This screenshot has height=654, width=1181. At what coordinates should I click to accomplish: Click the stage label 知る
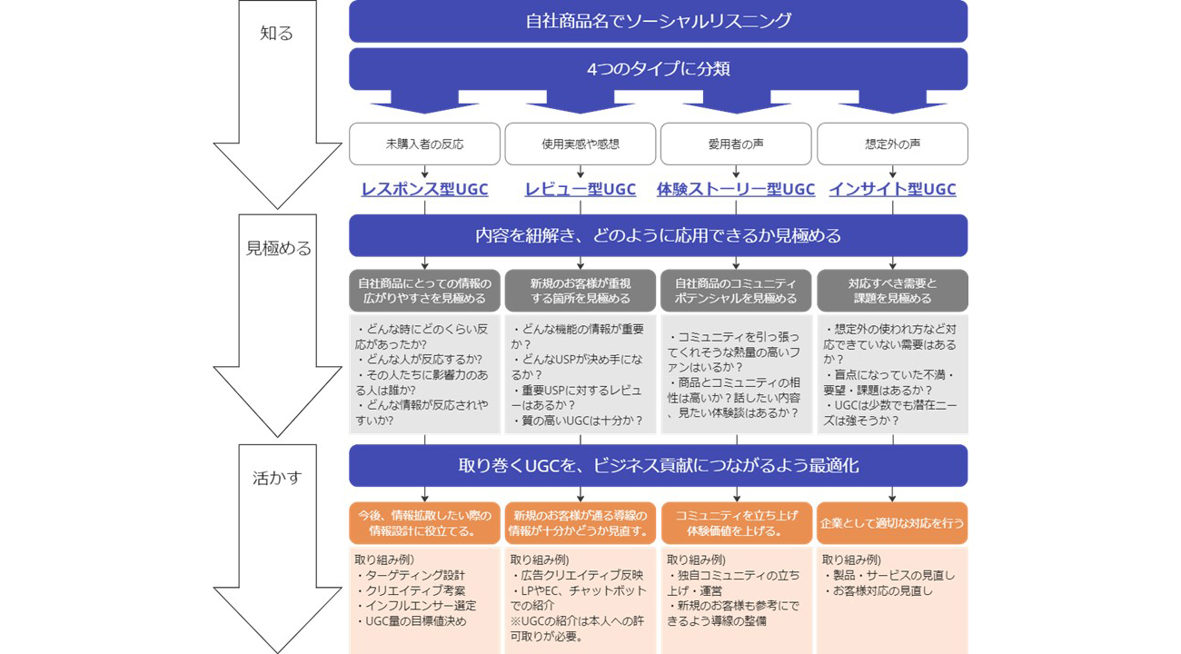[x=277, y=34]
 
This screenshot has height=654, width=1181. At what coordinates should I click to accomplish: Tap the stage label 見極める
[x=278, y=248]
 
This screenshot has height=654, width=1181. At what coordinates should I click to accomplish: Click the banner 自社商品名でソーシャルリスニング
[x=658, y=21]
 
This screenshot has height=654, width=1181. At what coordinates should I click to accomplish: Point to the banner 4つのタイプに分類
[x=658, y=69]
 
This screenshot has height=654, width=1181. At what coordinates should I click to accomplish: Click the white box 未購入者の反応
[x=424, y=144]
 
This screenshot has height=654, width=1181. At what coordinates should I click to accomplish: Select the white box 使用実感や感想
[x=581, y=144]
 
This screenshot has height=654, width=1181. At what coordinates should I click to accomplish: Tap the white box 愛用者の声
[x=736, y=144]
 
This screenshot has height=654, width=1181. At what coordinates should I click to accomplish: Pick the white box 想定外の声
[x=892, y=144]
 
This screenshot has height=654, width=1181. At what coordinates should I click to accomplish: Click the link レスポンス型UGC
[x=424, y=189]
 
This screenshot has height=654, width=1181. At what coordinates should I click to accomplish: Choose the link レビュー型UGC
[x=581, y=189]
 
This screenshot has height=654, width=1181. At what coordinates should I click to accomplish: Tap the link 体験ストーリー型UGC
[x=736, y=189]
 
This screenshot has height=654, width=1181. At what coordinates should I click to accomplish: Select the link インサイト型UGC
[x=892, y=189]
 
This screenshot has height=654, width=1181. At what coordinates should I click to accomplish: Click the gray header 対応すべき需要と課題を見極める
[x=892, y=291]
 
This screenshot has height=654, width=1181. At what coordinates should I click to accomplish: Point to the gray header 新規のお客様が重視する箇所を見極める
[x=581, y=291]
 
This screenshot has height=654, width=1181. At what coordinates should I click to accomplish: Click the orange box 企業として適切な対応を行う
[x=892, y=523]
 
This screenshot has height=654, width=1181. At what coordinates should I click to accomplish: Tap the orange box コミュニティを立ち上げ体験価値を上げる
[x=736, y=523]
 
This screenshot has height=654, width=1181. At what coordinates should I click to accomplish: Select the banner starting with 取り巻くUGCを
[x=658, y=466]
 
